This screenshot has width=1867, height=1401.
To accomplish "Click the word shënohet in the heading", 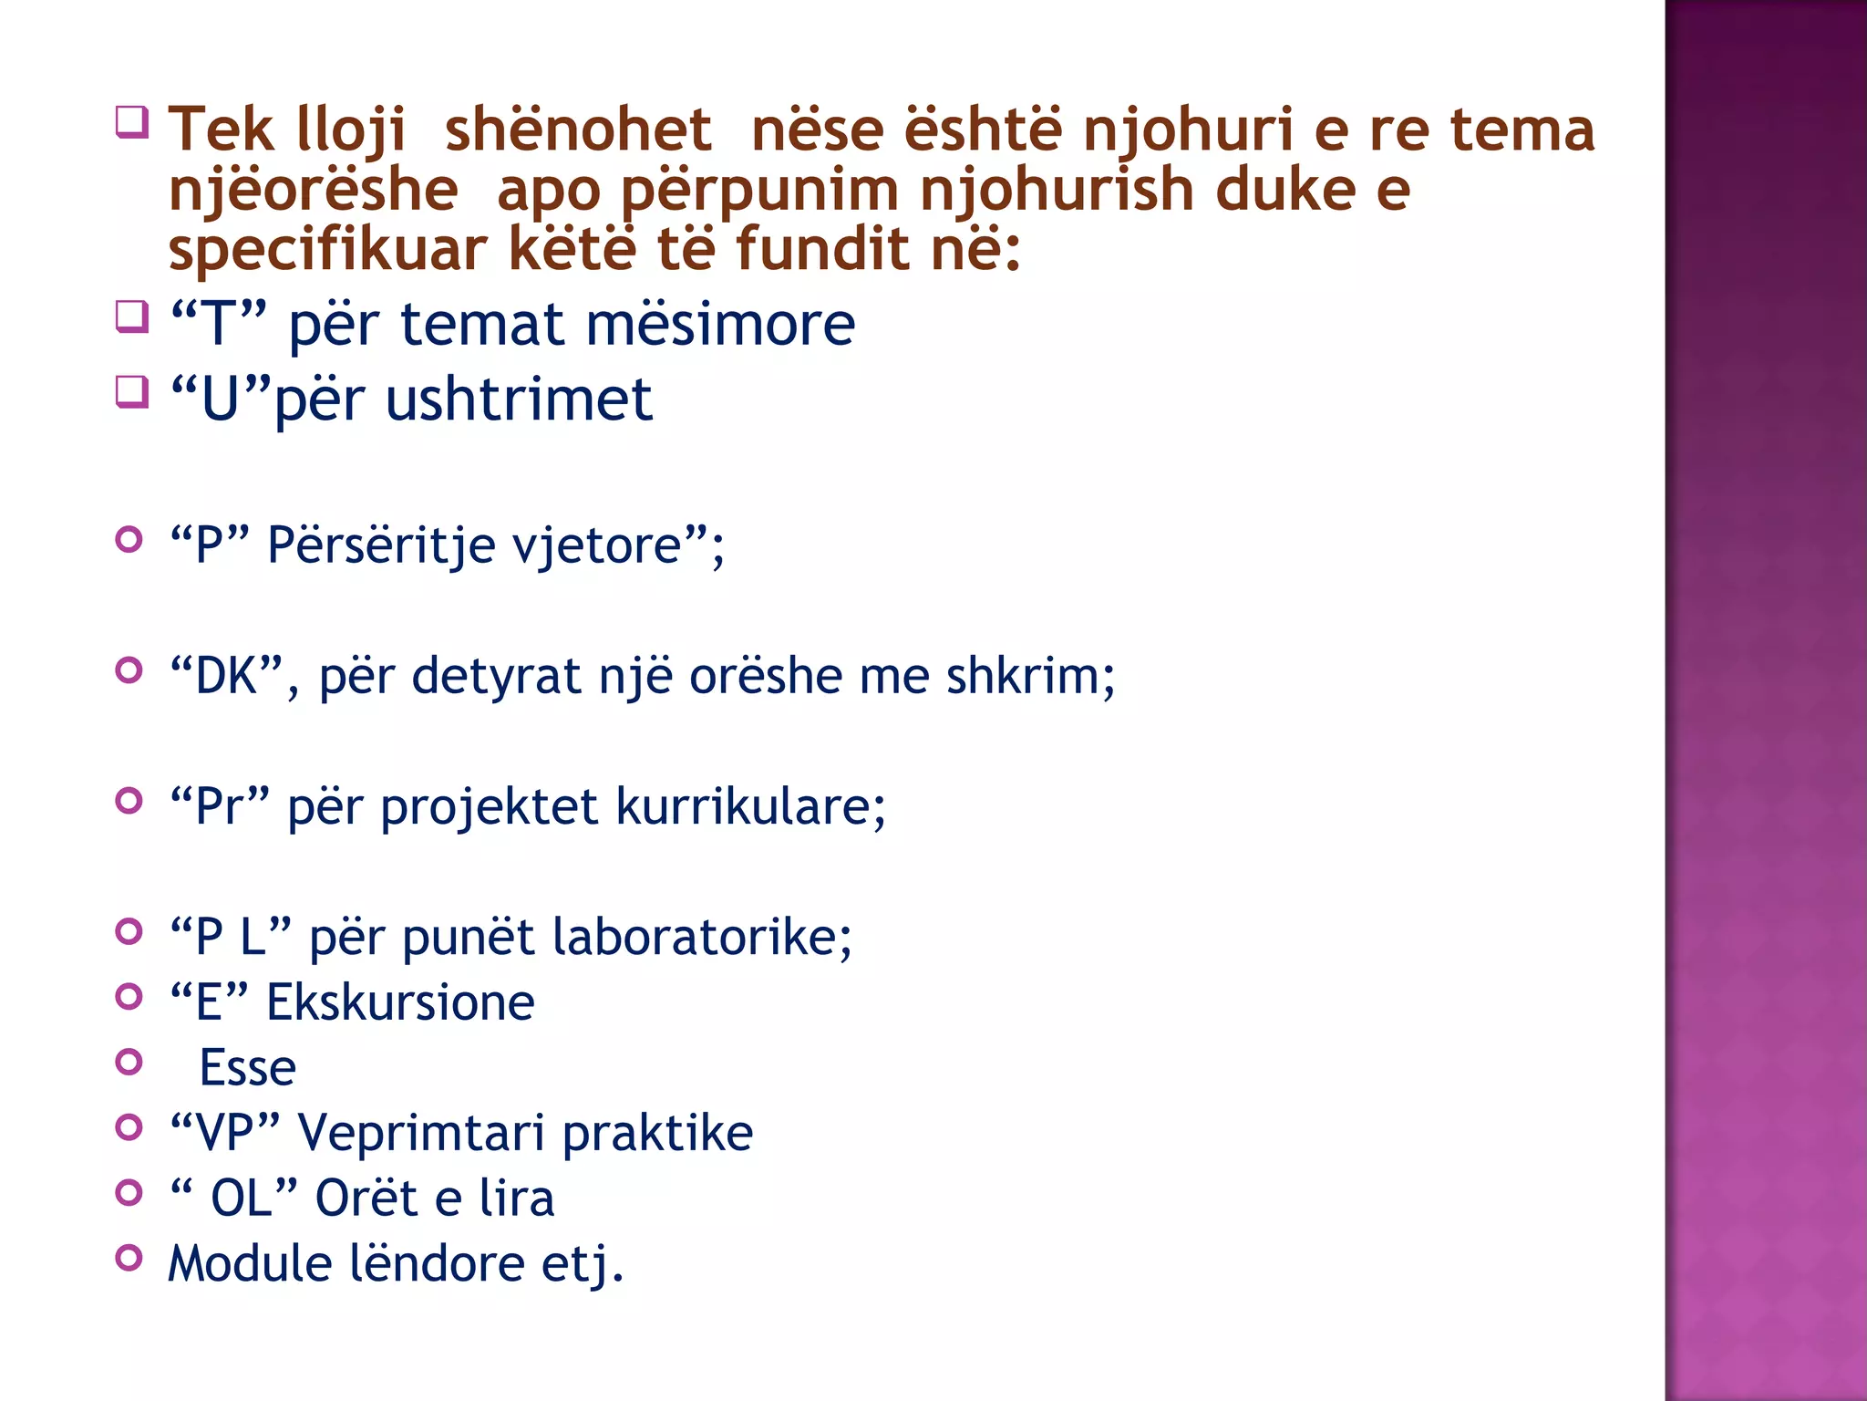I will [x=577, y=130].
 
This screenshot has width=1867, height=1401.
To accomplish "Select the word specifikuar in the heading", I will [x=327, y=250].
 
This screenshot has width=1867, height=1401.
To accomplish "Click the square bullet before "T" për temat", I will [x=132, y=317].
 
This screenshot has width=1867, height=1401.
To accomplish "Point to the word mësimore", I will [x=720, y=325].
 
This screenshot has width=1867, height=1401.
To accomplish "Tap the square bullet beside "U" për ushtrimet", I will [x=132, y=391].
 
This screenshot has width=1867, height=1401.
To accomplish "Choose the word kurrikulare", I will [x=750, y=807].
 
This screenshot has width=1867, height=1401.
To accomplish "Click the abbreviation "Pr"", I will [x=220, y=807].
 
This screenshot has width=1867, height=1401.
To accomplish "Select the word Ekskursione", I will [x=400, y=1003].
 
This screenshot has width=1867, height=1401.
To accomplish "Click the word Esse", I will [x=248, y=1068].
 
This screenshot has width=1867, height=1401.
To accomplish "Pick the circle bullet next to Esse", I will [x=130, y=1062].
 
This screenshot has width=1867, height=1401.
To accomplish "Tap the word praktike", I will [x=657, y=1134].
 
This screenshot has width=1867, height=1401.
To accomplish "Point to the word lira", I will [x=516, y=1199].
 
